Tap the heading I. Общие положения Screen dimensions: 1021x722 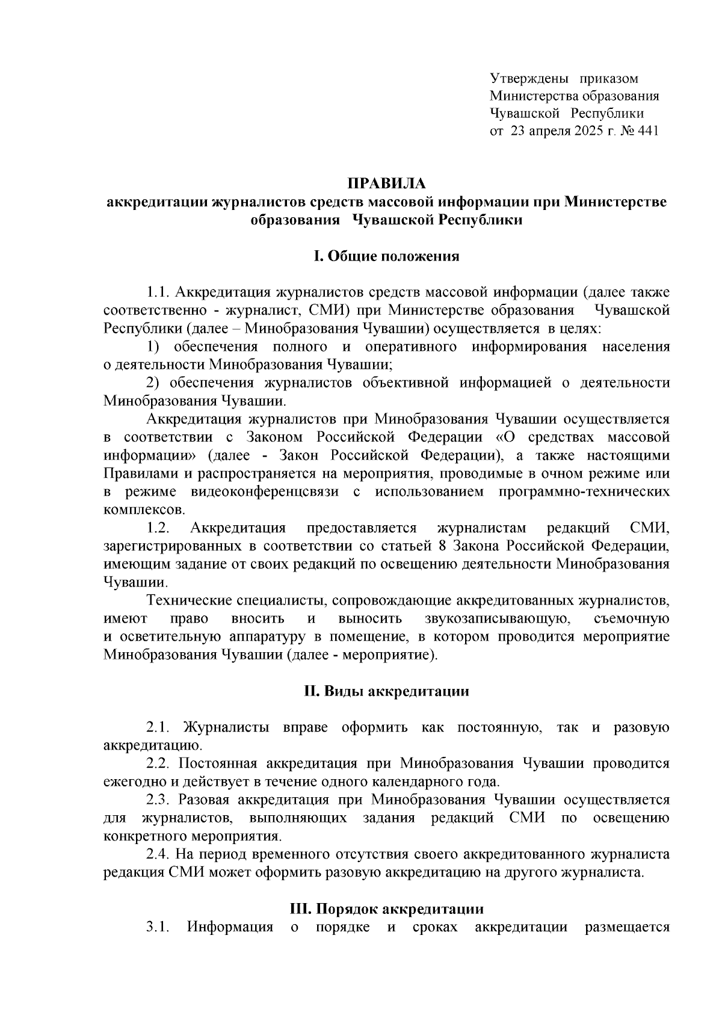pyautogui.click(x=386, y=257)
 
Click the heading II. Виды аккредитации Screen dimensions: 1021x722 pyautogui.click(x=386, y=691)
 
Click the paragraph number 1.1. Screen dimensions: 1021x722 pyautogui.click(x=158, y=293)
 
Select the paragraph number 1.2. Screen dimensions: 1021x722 pyautogui.click(x=158, y=528)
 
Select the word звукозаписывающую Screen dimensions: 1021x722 pyautogui.click(x=493, y=619)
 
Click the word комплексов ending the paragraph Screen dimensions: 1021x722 pyautogui.click(x=142, y=510)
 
